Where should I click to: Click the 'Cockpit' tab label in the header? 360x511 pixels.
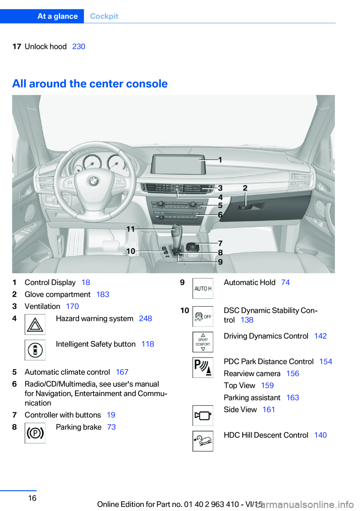pyautogui.click(x=104, y=16)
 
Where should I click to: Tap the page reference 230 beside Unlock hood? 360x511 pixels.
pyautogui.click(x=79, y=47)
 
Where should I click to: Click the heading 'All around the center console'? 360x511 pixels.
pyautogui.click(x=90, y=84)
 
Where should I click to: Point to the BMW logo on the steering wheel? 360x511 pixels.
pyautogui.click(x=93, y=182)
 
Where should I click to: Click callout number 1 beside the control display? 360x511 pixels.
pyautogui.click(x=220, y=160)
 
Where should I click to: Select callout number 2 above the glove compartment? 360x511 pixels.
pyautogui.click(x=245, y=188)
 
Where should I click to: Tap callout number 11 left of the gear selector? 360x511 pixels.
pyautogui.click(x=130, y=229)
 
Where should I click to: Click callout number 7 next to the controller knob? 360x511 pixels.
pyautogui.click(x=220, y=243)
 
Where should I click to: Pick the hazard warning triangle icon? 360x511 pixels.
pyautogui.click(x=35, y=325)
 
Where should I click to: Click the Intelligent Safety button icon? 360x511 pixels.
pyautogui.click(x=35, y=350)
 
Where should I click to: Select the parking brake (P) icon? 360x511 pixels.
pyautogui.click(x=35, y=433)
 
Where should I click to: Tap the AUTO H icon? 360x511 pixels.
pyautogui.click(x=202, y=289)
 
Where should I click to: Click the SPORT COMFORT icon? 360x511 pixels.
pyautogui.click(x=202, y=342)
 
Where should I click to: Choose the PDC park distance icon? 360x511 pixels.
pyautogui.click(x=202, y=368)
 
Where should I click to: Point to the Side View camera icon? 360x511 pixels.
pyautogui.click(x=202, y=416)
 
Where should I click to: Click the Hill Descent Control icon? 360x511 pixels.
pyautogui.click(x=202, y=441)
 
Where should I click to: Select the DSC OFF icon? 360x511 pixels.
pyautogui.click(x=202, y=316)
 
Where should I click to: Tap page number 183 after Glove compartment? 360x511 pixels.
pyautogui.click(x=103, y=295)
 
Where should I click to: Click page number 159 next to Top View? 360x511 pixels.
pyautogui.click(x=267, y=386)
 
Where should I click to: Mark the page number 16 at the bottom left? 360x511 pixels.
pyautogui.click(x=32, y=498)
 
